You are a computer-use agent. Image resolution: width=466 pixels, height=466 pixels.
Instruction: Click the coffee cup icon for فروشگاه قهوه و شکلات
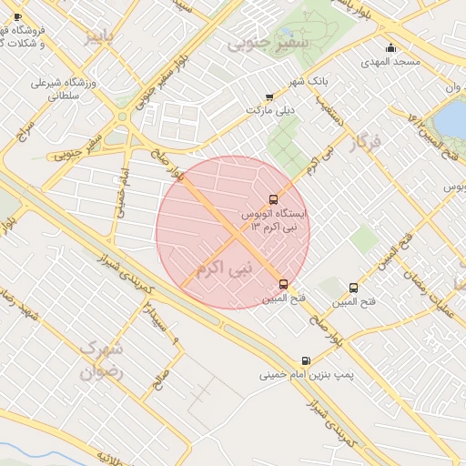(x=18, y=17)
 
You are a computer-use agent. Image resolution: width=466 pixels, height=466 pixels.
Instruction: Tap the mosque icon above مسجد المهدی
(x=391, y=48)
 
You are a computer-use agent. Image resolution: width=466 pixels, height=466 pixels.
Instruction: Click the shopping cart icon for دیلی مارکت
(x=268, y=96)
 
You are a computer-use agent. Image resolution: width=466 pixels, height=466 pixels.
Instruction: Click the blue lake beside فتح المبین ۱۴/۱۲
(x=450, y=119)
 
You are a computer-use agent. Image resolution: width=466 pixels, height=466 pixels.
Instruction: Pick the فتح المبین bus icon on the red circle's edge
(x=284, y=284)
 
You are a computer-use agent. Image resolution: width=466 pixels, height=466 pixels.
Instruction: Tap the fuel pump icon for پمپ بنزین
(x=304, y=360)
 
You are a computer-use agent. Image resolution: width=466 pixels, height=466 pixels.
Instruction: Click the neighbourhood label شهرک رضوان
(x=99, y=360)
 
